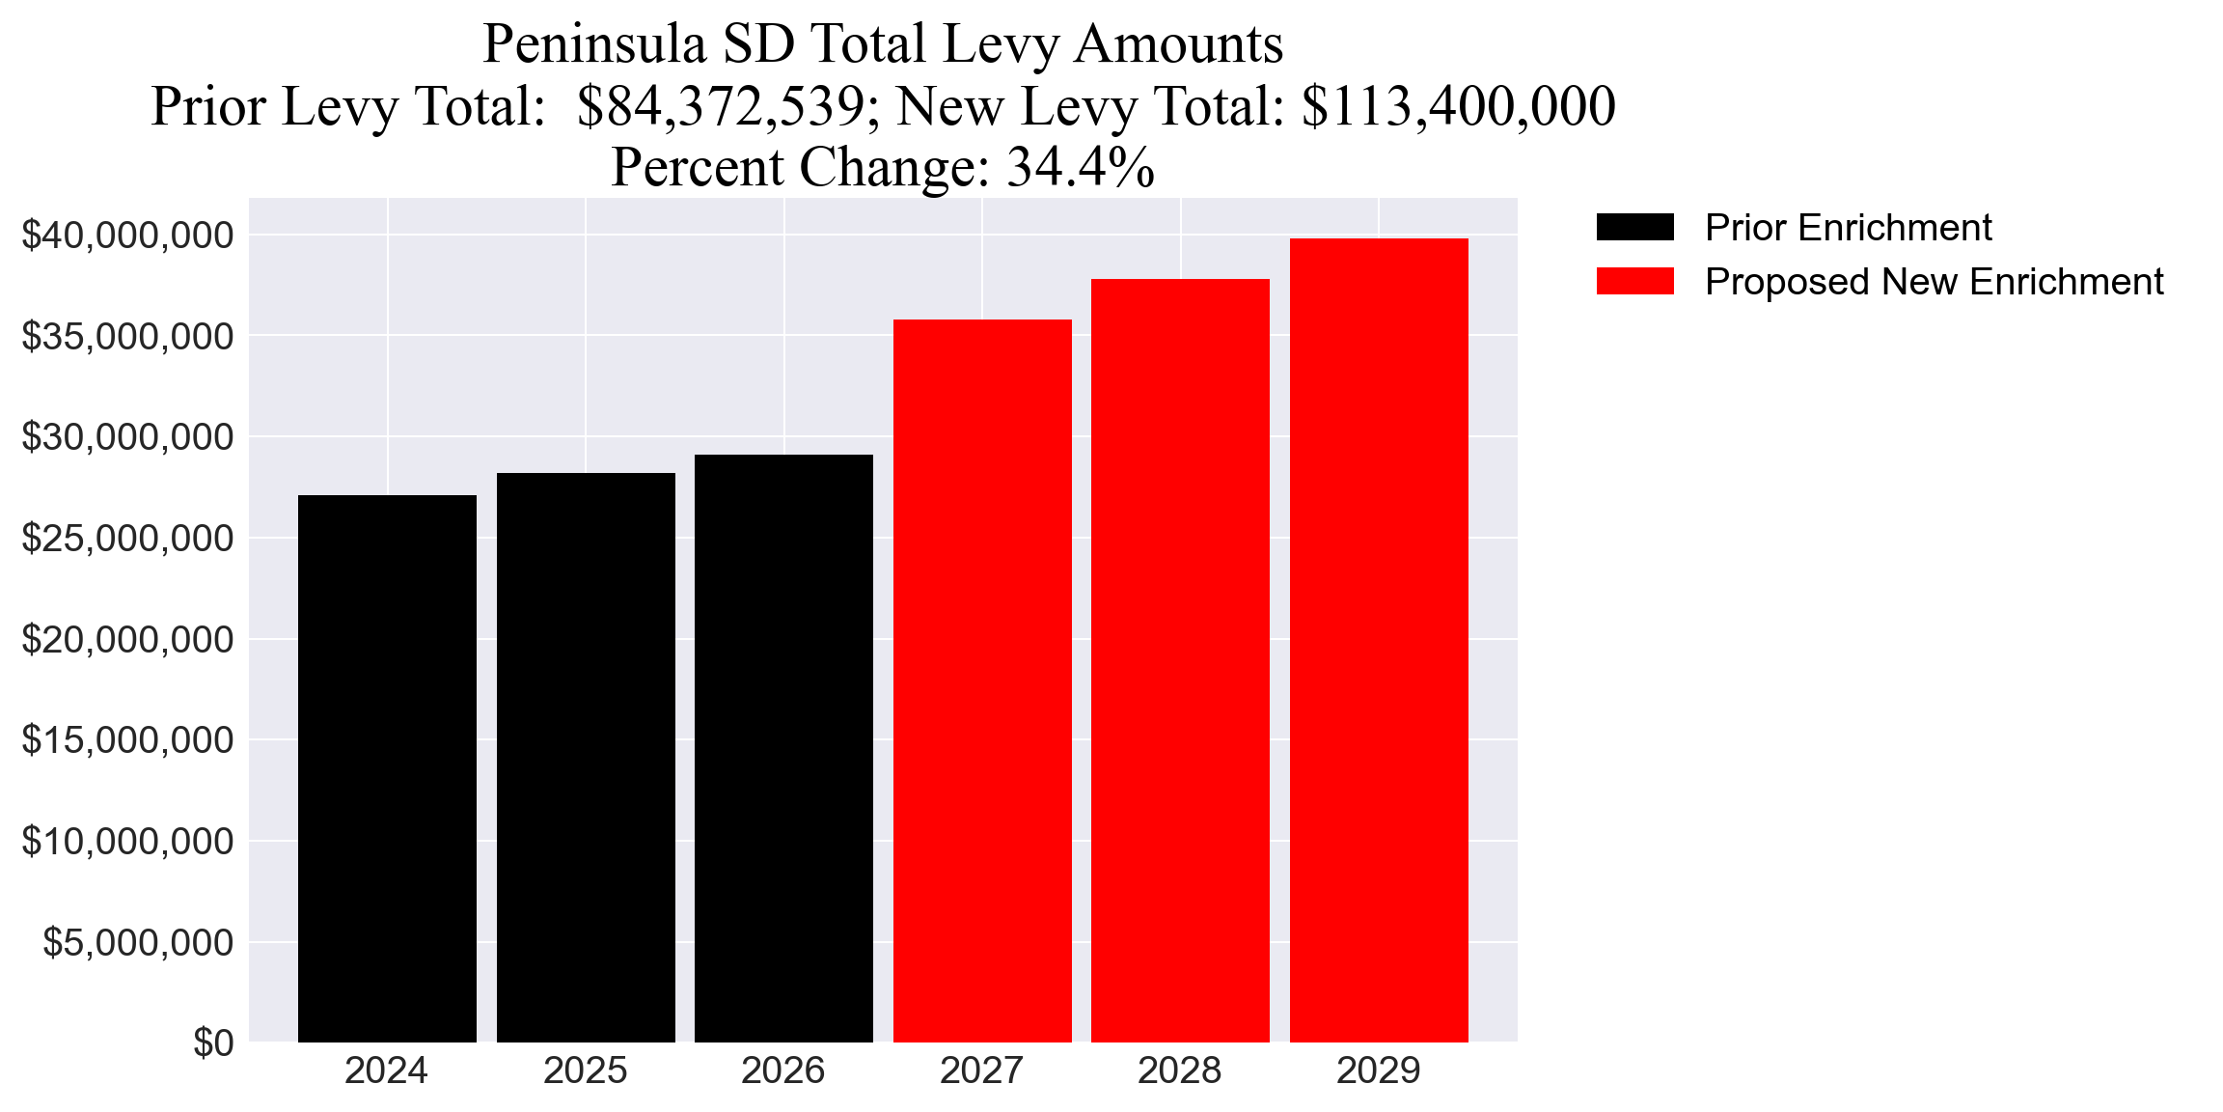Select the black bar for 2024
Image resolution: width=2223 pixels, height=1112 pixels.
point(387,768)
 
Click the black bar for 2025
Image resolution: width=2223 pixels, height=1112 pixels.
point(586,758)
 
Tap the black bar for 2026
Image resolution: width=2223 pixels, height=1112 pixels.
point(783,748)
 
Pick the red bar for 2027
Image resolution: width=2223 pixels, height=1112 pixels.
point(982,681)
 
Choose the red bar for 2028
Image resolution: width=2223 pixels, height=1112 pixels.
point(1180,660)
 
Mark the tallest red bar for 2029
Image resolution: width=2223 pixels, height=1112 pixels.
point(1379,640)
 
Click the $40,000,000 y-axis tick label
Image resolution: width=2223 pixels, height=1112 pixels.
point(127,236)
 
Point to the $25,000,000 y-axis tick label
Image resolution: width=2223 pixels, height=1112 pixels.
point(127,539)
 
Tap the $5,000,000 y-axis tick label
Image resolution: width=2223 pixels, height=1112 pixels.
point(138,942)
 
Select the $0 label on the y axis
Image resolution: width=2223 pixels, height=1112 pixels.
point(213,1042)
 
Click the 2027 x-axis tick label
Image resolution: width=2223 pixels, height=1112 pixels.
point(982,1070)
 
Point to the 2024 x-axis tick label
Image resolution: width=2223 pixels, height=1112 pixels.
point(387,1070)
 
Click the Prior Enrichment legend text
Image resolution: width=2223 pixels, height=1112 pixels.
point(1848,228)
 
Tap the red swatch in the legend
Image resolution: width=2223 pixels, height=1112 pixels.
point(1634,281)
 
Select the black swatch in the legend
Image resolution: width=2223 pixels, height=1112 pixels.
point(1634,228)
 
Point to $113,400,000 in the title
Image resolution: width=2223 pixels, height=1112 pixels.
point(1458,106)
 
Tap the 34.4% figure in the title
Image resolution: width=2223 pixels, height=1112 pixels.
point(1081,167)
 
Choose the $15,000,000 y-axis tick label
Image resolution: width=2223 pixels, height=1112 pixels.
point(127,740)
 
